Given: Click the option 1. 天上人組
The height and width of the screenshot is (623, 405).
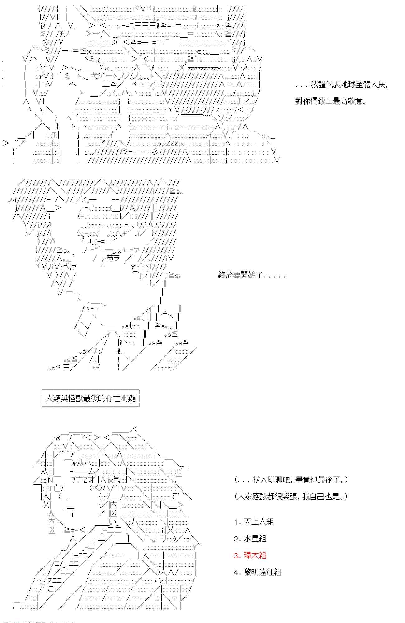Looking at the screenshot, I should [254, 522].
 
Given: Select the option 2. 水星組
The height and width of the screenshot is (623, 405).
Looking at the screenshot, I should [250, 539].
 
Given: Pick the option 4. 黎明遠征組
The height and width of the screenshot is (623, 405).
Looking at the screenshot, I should [258, 572].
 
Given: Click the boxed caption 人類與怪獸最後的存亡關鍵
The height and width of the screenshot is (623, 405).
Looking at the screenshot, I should [90, 398].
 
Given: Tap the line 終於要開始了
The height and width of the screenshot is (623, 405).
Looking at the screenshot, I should [252, 275].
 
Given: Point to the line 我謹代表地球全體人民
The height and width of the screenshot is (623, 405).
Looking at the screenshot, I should [341, 84].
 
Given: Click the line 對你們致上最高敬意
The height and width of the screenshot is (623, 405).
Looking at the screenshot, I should [331, 101].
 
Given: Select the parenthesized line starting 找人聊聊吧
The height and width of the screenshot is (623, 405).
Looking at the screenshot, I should [291, 480].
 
